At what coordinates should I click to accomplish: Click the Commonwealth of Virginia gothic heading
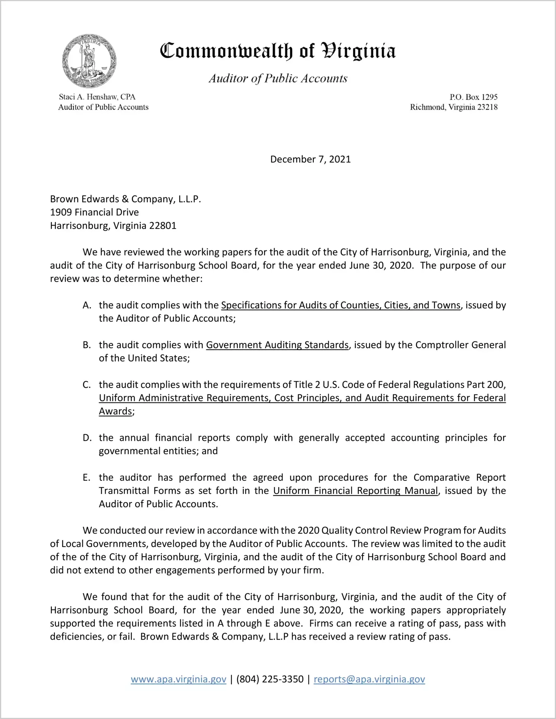tap(278, 51)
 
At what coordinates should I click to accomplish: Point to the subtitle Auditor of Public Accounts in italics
tap(278, 79)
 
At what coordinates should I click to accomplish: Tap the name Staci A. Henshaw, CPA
tap(97, 97)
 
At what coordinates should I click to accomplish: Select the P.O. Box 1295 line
tap(473, 97)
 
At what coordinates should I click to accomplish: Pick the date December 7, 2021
tap(310, 159)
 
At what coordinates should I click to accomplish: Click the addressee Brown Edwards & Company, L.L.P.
tap(125, 199)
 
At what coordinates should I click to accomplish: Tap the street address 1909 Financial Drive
tap(95, 212)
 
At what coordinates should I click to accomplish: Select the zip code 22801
tap(162, 226)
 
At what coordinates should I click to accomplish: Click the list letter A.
tap(87, 305)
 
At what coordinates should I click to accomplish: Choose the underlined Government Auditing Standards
tap(277, 345)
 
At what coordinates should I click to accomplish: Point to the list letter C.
tap(87, 385)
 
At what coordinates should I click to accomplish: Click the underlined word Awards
tap(115, 411)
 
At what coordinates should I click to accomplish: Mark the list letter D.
tap(87, 438)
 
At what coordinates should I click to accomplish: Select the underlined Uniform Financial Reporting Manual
tap(355, 491)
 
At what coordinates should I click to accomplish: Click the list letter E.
tap(87, 478)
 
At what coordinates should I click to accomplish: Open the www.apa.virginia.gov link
tap(179, 680)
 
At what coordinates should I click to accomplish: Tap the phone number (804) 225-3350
tap(270, 680)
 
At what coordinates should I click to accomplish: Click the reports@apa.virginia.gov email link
tap(369, 680)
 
